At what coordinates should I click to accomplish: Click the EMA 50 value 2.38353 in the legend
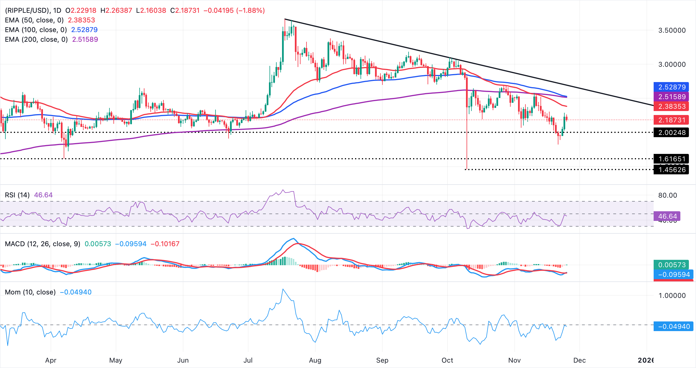81,20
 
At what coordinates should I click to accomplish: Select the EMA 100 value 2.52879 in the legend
84,30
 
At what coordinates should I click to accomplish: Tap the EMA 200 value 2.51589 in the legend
85,39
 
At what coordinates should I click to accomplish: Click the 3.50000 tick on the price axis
672,30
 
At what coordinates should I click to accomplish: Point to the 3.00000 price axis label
672,64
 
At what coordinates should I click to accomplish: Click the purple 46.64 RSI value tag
667,216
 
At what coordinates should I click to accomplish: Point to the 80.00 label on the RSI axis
667,195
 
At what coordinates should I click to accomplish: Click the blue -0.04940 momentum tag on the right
673,327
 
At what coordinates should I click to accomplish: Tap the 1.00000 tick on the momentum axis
672,296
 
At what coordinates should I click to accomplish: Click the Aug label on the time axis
315,360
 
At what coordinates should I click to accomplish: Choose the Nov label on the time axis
514,360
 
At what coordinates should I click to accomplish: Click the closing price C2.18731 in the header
185,11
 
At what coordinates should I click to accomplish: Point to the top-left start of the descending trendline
285,19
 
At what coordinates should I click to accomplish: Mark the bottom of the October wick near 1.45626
467,169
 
